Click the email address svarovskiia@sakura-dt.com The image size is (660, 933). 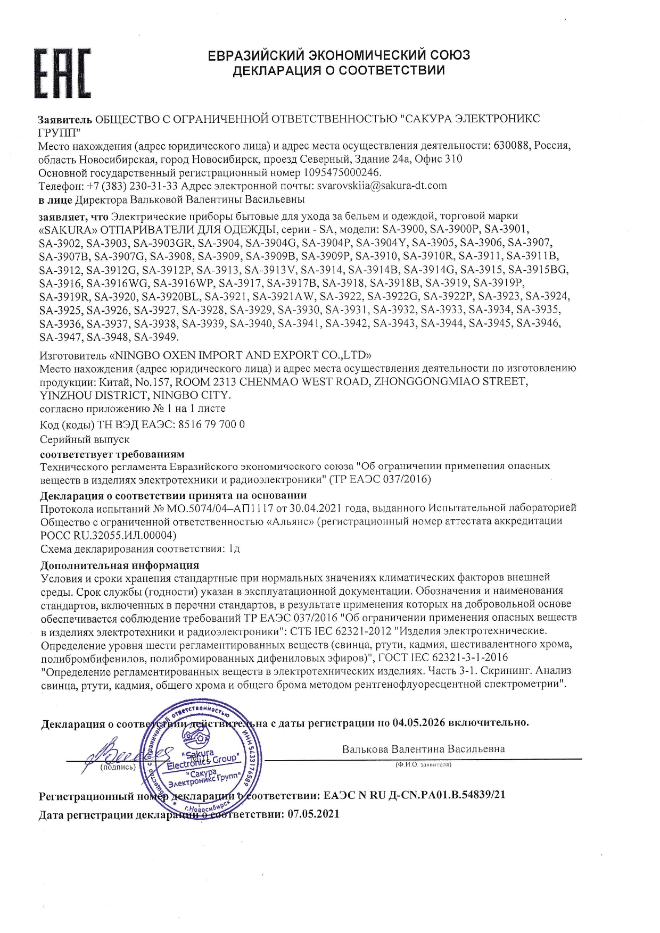(x=382, y=186)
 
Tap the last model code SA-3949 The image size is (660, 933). (x=156, y=337)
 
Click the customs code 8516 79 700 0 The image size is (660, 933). (x=211, y=424)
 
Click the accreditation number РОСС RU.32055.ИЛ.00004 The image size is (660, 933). (x=108, y=535)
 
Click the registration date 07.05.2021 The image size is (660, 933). (x=313, y=814)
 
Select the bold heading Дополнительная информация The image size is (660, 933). (x=120, y=565)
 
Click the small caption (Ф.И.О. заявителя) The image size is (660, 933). (x=423, y=764)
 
